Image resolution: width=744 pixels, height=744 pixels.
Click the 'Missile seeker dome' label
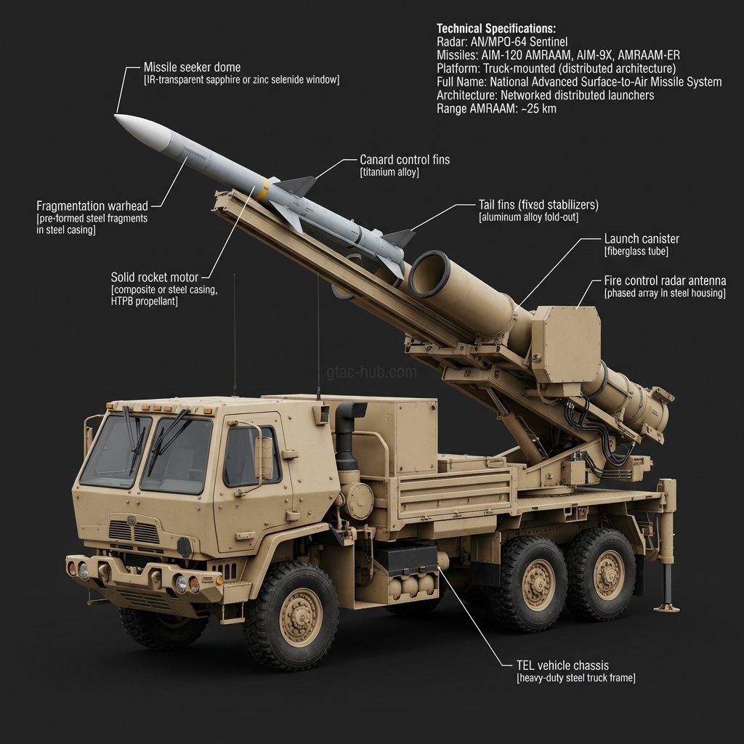point(192,67)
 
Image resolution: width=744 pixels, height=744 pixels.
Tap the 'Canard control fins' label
point(405,160)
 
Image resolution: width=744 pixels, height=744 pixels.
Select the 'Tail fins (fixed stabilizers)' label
point(538,205)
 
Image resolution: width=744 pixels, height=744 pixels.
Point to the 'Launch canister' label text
point(642,238)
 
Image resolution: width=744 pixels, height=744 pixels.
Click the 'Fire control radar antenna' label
point(665,280)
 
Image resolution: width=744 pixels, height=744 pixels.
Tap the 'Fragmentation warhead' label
point(92,206)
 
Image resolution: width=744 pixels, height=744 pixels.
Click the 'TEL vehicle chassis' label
point(562,665)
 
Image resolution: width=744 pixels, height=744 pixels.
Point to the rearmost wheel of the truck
point(600,573)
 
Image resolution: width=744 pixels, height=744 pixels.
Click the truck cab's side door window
point(243,456)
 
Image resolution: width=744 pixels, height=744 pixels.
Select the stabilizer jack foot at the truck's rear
point(666,606)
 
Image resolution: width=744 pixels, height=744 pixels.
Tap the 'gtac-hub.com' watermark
point(372,373)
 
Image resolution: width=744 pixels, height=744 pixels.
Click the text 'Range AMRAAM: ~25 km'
point(497,109)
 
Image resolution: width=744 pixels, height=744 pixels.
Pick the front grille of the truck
point(134,532)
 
